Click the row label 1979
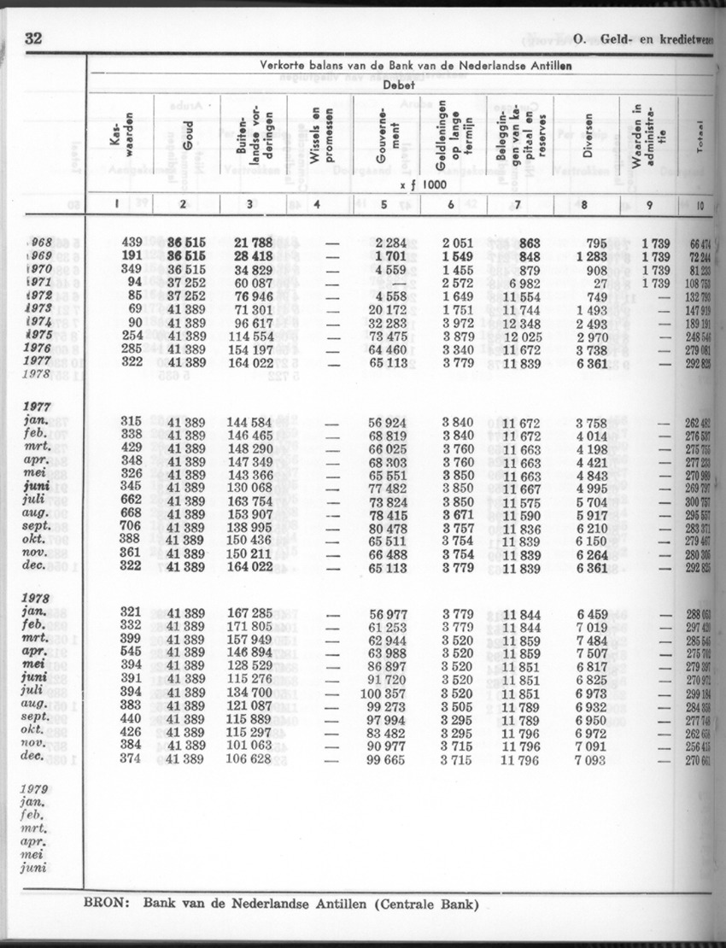point(38,790)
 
